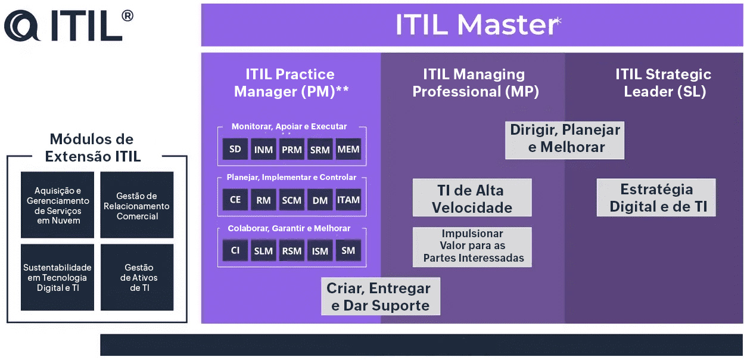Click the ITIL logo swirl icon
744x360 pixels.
coord(23,25)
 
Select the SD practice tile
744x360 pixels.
coord(235,149)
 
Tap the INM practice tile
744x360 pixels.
coord(263,150)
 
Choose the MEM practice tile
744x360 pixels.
coord(348,149)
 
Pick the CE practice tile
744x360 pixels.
coord(235,200)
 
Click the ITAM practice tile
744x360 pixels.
coord(348,200)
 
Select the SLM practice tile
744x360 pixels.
coord(263,251)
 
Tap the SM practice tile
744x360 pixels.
coord(348,250)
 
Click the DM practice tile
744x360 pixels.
coord(320,200)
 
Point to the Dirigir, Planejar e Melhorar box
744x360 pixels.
coord(565,139)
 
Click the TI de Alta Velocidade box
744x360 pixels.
coord(472,199)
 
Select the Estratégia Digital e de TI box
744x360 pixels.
coord(656,198)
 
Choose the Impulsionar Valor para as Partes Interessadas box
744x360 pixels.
coord(472,246)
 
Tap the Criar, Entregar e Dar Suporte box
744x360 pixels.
coord(380,297)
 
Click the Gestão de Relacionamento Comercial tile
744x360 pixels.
coord(137,206)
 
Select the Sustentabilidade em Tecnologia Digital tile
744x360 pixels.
coord(57,277)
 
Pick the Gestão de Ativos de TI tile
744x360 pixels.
coord(137,277)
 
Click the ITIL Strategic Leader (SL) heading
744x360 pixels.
coord(664,83)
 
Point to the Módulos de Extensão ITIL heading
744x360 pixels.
coord(92,148)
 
